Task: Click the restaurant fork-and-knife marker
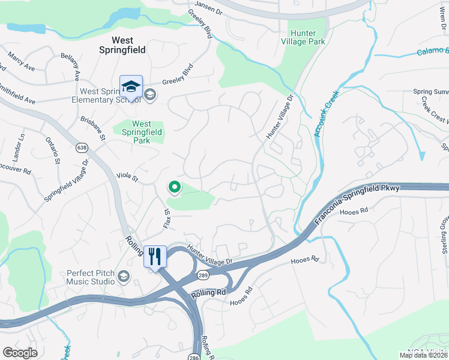coord(154,256)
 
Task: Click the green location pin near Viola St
coord(174,188)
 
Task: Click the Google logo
coord(20,353)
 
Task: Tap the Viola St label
coord(127,178)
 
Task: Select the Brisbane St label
coord(93,128)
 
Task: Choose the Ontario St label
coord(52,151)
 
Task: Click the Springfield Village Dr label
coord(67,181)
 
